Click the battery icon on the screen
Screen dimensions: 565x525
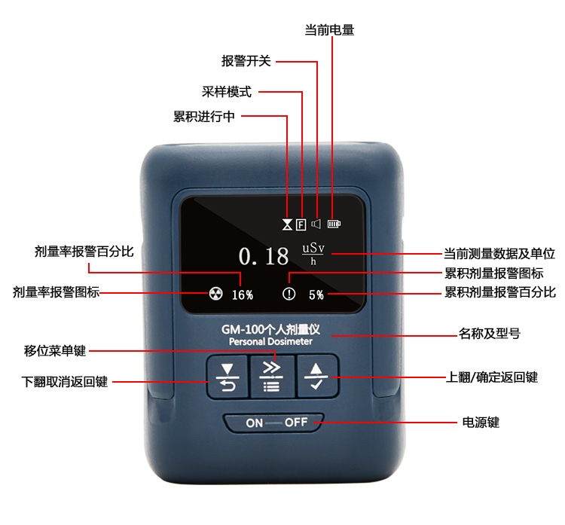tap(334, 224)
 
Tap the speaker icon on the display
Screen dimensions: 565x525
tap(316, 224)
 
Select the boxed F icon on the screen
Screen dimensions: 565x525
tap(301, 225)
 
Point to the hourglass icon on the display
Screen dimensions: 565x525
tap(287, 225)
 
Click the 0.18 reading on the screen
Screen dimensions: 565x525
tap(264, 256)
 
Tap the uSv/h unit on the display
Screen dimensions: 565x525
tap(313, 254)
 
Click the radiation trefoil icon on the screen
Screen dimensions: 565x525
tap(216, 294)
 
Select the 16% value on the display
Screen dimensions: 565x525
tap(242, 295)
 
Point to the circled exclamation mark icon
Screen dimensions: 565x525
tap(289, 294)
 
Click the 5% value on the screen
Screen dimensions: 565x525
tap(316, 295)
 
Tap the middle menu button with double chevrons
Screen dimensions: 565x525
tap(272, 377)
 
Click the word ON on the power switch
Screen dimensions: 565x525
tap(255, 423)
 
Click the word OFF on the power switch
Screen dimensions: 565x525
tap(296, 423)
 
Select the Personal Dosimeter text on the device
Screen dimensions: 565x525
tap(270, 342)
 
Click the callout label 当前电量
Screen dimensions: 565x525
tap(329, 29)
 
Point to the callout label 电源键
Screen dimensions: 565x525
tap(481, 422)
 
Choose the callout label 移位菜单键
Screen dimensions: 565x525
tap(55, 350)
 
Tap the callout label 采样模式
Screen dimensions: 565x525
tap(227, 92)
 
